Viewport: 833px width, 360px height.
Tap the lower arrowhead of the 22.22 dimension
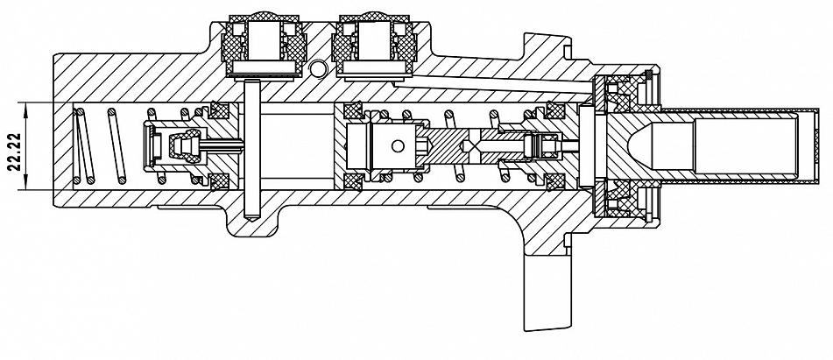(25, 184)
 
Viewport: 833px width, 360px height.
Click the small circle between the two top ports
(318, 68)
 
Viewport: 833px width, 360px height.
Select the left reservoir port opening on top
(265, 41)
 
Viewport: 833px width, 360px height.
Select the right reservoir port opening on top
(375, 41)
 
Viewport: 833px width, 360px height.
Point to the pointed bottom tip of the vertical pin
(251, 219)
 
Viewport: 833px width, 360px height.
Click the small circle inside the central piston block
(397, 145)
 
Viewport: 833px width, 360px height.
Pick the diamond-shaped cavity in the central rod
(469, 145)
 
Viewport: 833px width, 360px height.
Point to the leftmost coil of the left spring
(85, 145)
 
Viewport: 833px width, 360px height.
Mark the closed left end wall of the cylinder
(63, 145)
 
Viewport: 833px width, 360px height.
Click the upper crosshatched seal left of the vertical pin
(219, 110)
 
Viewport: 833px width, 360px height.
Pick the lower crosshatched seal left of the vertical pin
(219, 181)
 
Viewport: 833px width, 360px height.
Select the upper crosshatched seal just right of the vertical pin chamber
(353, 110)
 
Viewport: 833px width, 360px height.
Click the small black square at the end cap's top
(648, 73)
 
